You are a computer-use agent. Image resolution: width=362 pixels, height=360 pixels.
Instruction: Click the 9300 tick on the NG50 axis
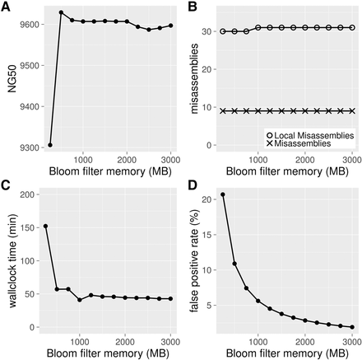tap(27, 147)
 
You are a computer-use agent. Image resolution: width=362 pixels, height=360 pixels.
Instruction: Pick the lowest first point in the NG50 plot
tap(50, 145)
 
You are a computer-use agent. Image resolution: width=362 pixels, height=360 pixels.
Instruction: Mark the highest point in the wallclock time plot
tap(45, 226)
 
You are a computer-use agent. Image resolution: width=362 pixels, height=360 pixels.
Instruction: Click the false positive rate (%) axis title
tap(194, 260)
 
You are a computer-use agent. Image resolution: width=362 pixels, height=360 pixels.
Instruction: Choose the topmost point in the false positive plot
tap(223, 194)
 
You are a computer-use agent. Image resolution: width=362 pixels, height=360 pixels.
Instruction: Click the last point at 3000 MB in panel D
tap(351, 327)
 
